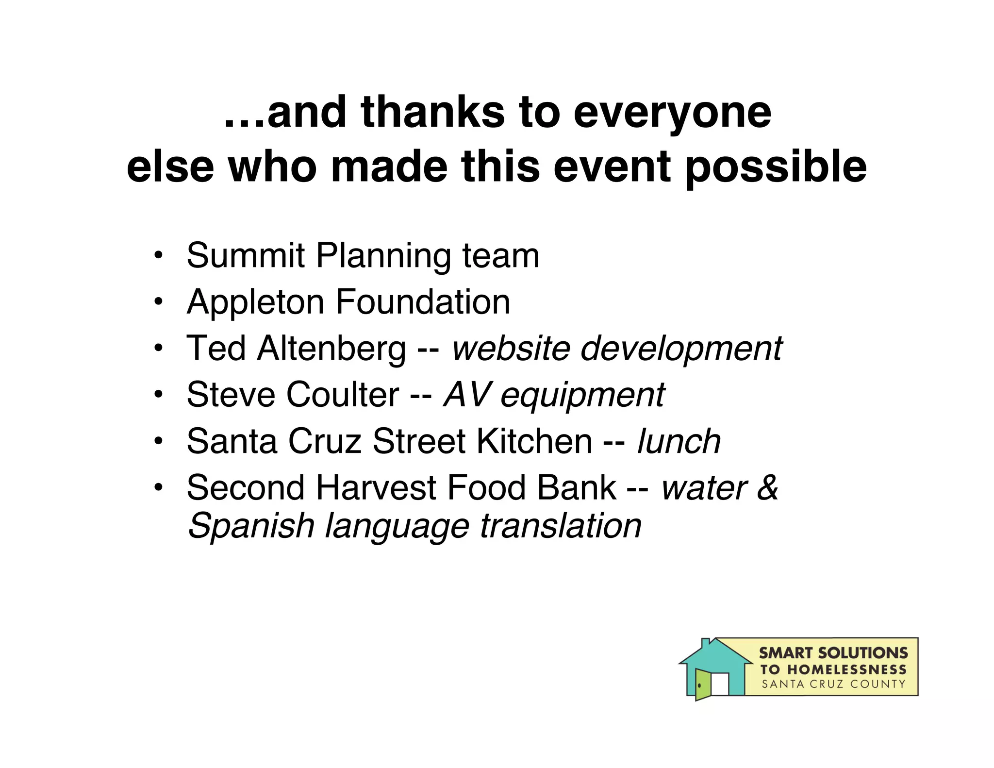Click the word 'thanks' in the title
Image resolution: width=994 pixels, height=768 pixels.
coord(432,113)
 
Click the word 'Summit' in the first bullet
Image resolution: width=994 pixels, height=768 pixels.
coord(246,255)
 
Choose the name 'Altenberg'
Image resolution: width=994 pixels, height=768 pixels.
coord(331,349)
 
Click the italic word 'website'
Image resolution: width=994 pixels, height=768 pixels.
coord(511,349)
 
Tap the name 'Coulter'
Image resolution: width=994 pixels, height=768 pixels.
coord(342,395)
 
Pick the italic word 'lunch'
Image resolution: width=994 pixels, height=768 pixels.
coord(679,441)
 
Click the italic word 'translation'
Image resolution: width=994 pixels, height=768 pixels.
coord(561,526)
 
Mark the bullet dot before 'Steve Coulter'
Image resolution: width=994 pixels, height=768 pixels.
coord(157,395)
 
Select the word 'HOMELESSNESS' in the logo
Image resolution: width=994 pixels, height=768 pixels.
coord(846,670)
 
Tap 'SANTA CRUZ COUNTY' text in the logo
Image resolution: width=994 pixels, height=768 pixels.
coord(833,685)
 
